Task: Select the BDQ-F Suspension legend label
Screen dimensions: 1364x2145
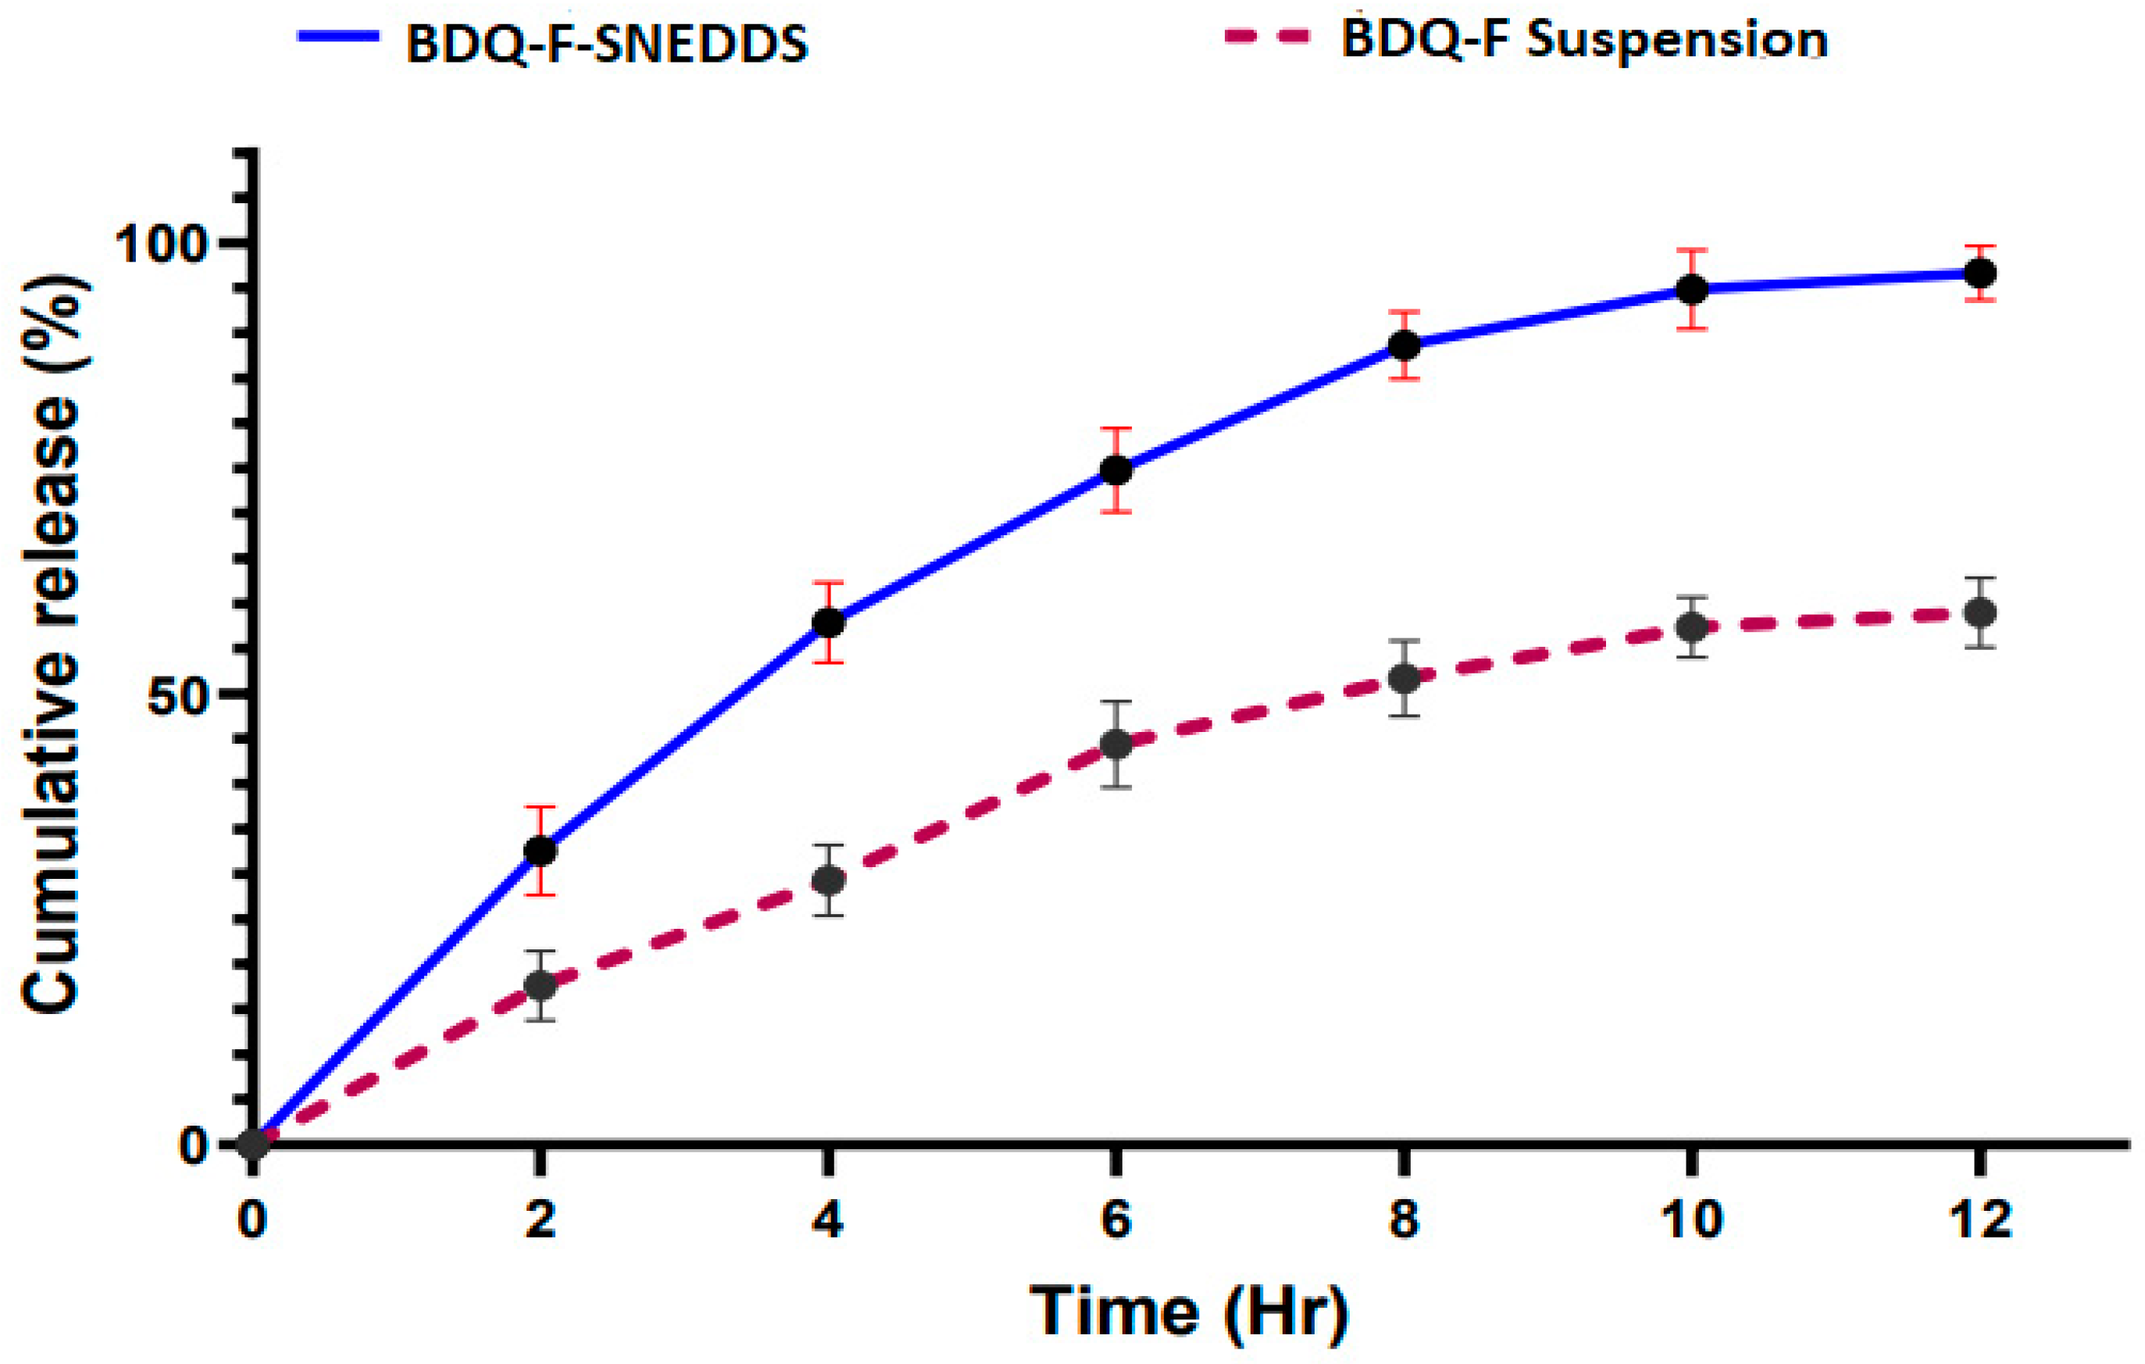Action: click(x=1584, y=40)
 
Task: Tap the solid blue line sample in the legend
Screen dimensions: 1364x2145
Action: click(x=338, y=37)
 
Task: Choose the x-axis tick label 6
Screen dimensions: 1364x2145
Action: click(x=1115, y=1219)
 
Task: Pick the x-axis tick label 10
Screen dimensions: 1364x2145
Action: click(x=1692, y=1219)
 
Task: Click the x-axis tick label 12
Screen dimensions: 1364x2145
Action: click(x=1980, y=1219)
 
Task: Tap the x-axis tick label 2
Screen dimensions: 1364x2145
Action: click(x=540, y=1219)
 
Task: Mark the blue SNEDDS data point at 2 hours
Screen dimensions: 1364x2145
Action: click(x=540, y=851)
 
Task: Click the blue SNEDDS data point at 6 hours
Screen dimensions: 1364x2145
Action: click(x=1116, y=470)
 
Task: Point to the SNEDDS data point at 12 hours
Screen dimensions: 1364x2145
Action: click(x=1980, y=273)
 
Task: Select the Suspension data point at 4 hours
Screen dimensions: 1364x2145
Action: click(x=829, y=880)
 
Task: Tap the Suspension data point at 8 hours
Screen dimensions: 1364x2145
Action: click(x=1404, y=679)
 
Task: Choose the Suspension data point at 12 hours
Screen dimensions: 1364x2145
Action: click(x=1980, y=613)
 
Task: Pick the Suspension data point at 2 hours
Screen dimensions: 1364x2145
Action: click(x=540, y=985)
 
